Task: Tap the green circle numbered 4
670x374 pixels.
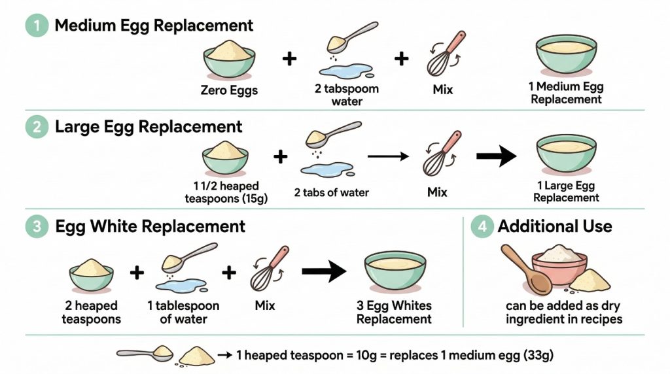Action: [482, 227]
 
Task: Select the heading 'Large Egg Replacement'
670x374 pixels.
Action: [149, 126]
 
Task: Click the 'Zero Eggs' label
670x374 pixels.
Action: [229, 90]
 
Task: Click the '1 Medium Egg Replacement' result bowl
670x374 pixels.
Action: [566, 56]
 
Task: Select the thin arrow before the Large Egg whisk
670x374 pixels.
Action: [388, 157]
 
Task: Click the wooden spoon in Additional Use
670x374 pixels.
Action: [527, 270]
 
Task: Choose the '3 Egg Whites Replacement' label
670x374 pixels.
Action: [394, 313]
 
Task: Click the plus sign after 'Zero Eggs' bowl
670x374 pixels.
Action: [289, 59]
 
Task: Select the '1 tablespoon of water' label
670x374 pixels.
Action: [183, 313]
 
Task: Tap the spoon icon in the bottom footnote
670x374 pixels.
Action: [145, 354]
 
